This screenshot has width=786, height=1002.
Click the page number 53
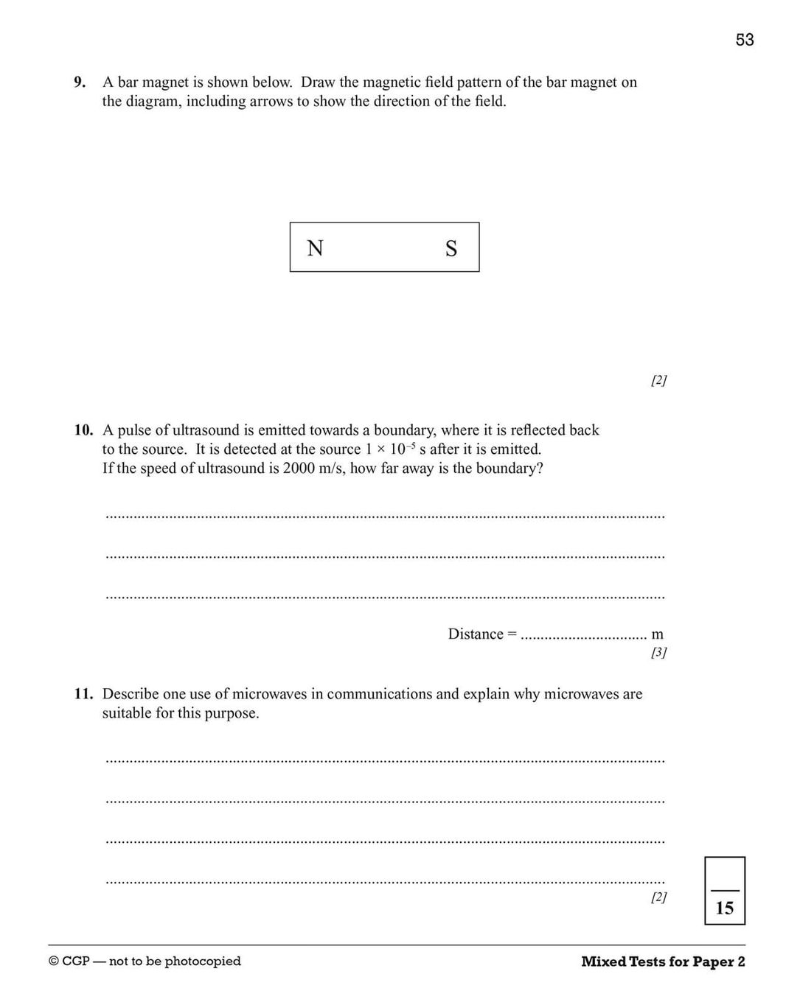744,40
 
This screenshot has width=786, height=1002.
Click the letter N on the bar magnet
315,248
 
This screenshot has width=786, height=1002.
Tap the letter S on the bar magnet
451,249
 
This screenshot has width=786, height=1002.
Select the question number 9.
80,83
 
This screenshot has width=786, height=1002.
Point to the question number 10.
83,430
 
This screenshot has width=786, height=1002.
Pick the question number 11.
83,694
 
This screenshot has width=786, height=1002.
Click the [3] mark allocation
658,652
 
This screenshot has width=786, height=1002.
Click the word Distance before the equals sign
475,634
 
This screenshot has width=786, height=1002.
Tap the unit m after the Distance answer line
657,634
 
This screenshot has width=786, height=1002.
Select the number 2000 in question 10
299,469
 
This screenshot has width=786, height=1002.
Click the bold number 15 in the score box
724,908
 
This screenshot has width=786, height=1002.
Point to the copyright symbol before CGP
53,961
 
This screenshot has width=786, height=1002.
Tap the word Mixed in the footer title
602,961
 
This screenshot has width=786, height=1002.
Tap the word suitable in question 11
126,713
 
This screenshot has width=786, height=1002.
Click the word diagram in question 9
152,102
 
